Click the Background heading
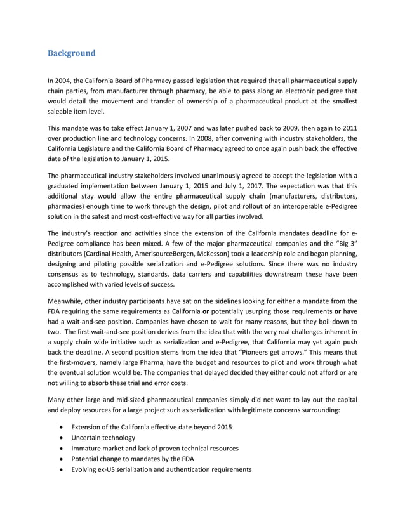(72, 53)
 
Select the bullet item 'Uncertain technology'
(103, 438)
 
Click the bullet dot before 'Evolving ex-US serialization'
(61, 469)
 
